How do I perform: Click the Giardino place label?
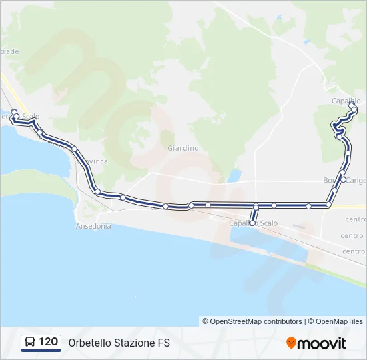point(183,148)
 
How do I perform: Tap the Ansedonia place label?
point(93,226)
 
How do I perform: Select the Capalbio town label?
point(346,101)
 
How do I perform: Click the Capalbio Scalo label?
point(253,223)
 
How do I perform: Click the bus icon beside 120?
point(30,342)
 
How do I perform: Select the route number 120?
point(48,342)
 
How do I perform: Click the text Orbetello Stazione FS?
point(119,343)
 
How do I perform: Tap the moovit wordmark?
point(322,343)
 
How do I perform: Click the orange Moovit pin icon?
point(291,343)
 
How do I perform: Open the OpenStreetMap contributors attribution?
point(256,321)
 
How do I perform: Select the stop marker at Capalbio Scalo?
point(252,223)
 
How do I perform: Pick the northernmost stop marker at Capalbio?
point(351,104)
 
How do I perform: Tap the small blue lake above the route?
point(234,176)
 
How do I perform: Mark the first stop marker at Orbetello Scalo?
point(13,112)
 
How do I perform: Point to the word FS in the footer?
point(164,343)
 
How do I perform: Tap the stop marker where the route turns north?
point(328,205)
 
